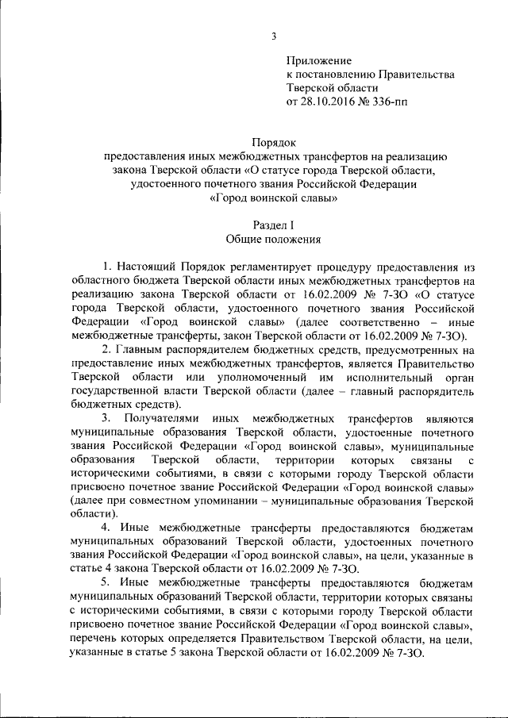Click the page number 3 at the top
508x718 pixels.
[274, 36]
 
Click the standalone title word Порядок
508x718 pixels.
[273, 142]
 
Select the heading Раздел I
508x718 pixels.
[273, 225]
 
